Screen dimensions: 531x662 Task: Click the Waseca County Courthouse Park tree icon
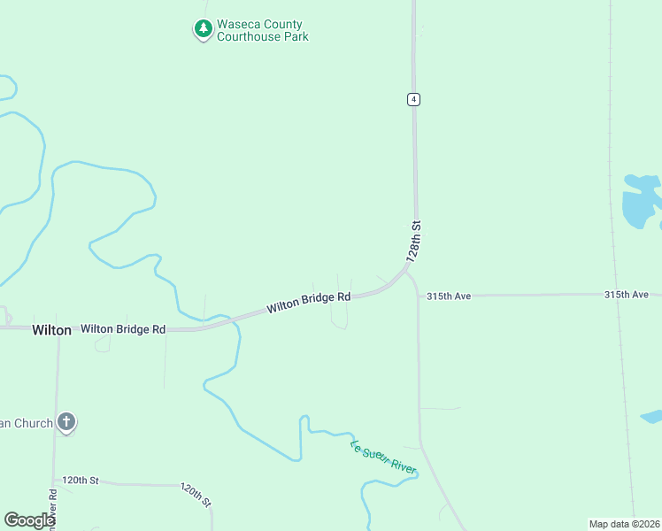(204, 30)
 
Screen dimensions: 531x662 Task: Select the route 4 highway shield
(413, 99)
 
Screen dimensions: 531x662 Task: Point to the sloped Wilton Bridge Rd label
(309, 303)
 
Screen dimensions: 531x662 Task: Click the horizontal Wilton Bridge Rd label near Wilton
(123, 329)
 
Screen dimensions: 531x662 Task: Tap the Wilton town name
(51, 329)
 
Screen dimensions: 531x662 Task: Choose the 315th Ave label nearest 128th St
(449, 296)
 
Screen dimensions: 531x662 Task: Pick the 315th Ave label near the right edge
(627, 294)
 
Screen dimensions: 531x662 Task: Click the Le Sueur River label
(383, 457)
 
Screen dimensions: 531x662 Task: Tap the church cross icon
(66, 423)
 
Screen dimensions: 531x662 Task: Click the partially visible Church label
(27, 424)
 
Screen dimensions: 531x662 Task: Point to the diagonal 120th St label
(196, 495)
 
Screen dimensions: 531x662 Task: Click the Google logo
(28, 520)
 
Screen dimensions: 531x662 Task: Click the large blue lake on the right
(639, 203)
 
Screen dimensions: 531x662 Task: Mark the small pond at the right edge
(652, 416)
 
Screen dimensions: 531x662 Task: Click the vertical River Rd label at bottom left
(53, 509)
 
